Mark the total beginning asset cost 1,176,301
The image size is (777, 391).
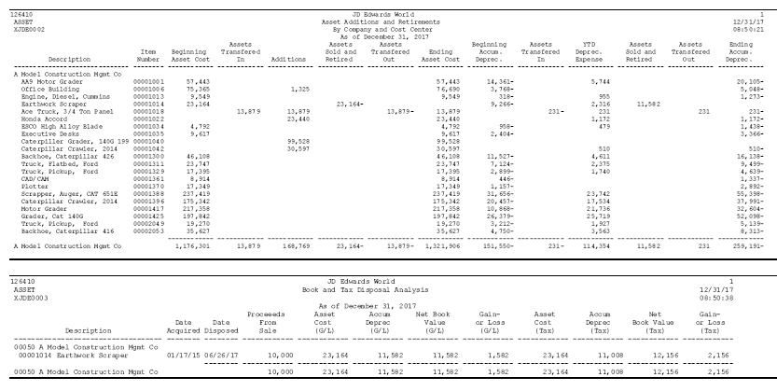(x=191, y=246)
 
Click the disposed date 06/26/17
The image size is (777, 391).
(x=224, y=356)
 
